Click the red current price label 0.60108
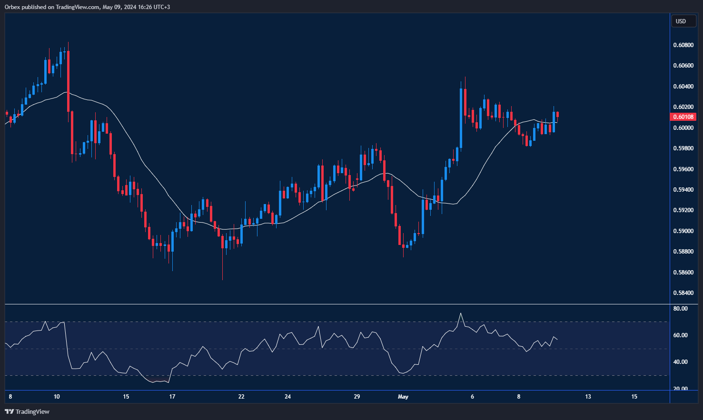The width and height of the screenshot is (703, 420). click(x=683, y=117)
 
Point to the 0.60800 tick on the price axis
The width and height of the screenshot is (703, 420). click(x=683, y=45)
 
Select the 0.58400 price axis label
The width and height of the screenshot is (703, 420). click(x=683, y=293)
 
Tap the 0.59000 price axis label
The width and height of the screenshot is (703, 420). click(x=683, y=231)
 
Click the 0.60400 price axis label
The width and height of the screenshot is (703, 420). click(x=683, y=86)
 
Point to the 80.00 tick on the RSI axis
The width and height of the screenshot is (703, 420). click(x=681, y=309)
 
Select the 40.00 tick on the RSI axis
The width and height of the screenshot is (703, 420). click(x=681, y=362)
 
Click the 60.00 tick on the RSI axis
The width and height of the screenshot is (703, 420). click(x=681, y=335)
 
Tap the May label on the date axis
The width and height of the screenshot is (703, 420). click(x=403, y=397)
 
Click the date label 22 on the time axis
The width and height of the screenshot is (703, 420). click(x=241, y=397)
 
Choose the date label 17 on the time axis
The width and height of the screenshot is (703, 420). click(x=172, y=397)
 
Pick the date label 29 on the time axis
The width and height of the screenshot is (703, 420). click(x=357, y=397)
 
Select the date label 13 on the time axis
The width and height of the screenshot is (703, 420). click(x=588, y=397)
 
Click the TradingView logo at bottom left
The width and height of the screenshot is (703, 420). click(x=27, y=411)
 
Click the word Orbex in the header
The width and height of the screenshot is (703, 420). click(x=12, y=7)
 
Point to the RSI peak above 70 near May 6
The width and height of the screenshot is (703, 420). click(x=460, y=313)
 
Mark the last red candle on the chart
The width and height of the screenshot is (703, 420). click(x=557, y=114)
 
